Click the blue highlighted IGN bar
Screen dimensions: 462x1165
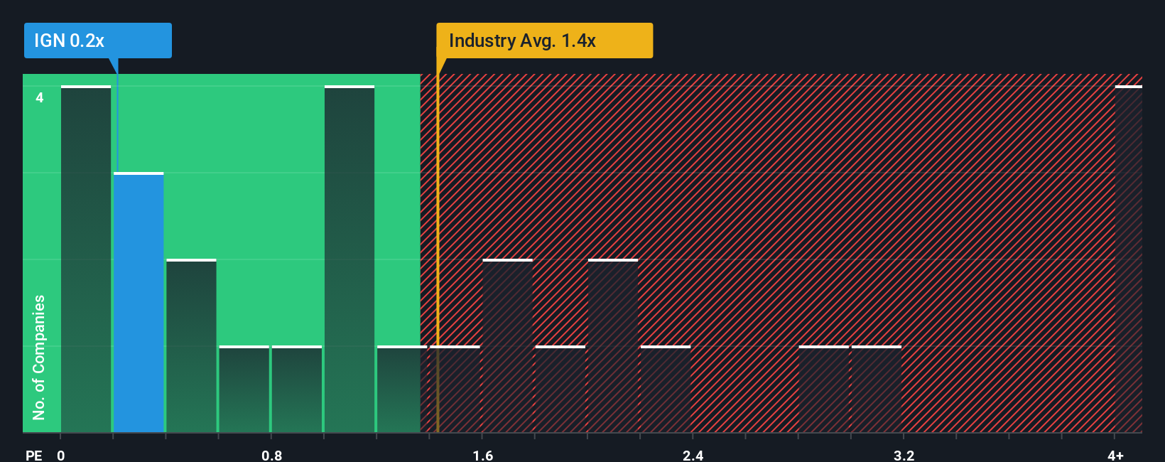tap(139, 302)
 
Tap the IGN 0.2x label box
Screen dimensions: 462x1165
tap(98, 41)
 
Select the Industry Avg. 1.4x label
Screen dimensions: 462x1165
tap(544, 41)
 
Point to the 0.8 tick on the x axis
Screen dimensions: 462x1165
tap(271, 455)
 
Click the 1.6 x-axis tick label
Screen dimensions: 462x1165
tap(482, 455)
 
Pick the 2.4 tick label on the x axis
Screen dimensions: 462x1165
tap(693, 455)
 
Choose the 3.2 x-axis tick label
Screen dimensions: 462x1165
tap(904, 455)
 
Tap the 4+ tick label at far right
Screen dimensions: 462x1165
tap(1115, 455)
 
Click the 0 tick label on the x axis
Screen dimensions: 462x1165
tap(61, 455)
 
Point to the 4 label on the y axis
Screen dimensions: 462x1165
tap(40, 97)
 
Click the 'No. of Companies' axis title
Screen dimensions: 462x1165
tap(39, 357)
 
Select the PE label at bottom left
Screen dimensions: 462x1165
tap(33, 455)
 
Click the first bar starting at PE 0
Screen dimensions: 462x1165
tap(86, 259)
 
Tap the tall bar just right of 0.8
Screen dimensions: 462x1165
tap(349, 259)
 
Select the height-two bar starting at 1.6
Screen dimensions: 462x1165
tap(507, 345)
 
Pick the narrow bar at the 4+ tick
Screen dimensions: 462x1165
tap(1128, 259)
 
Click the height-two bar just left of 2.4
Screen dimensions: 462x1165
tap(613, 345)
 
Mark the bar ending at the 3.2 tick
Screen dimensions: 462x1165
tap(877, 389)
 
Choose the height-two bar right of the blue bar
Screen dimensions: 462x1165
tap(191, 345)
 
